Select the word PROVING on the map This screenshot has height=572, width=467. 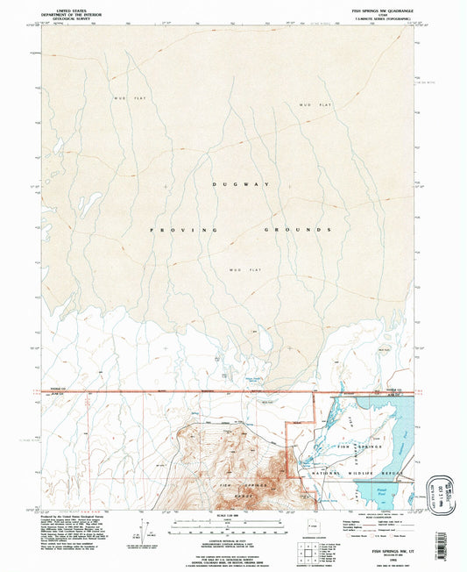coord(182,230)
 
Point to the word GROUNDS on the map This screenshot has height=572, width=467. coord(298,230)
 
